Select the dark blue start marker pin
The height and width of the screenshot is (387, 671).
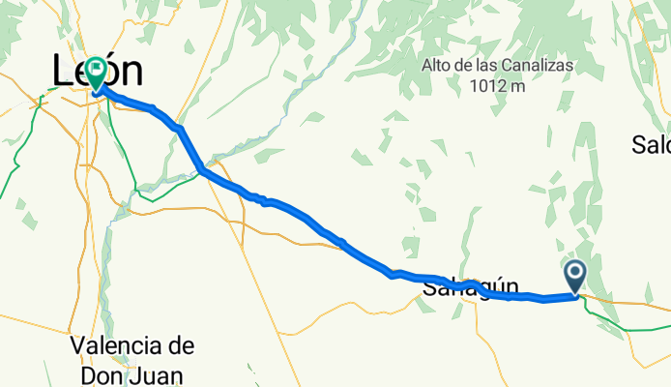tap(575, 276)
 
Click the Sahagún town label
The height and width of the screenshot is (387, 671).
tap(471, 288)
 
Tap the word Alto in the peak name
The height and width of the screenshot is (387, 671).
tap(437, 66)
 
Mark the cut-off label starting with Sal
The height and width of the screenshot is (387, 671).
tap(651, 145)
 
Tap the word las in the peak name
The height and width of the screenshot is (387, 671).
tap(483, 66)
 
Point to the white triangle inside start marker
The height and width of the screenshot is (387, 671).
tap(575, 272)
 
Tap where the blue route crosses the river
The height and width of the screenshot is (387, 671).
tap(201, 171)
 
